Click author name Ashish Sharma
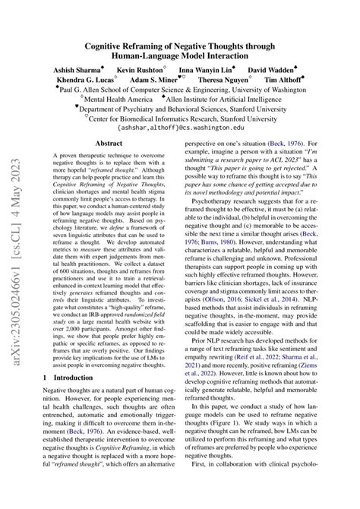click(76, 69)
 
